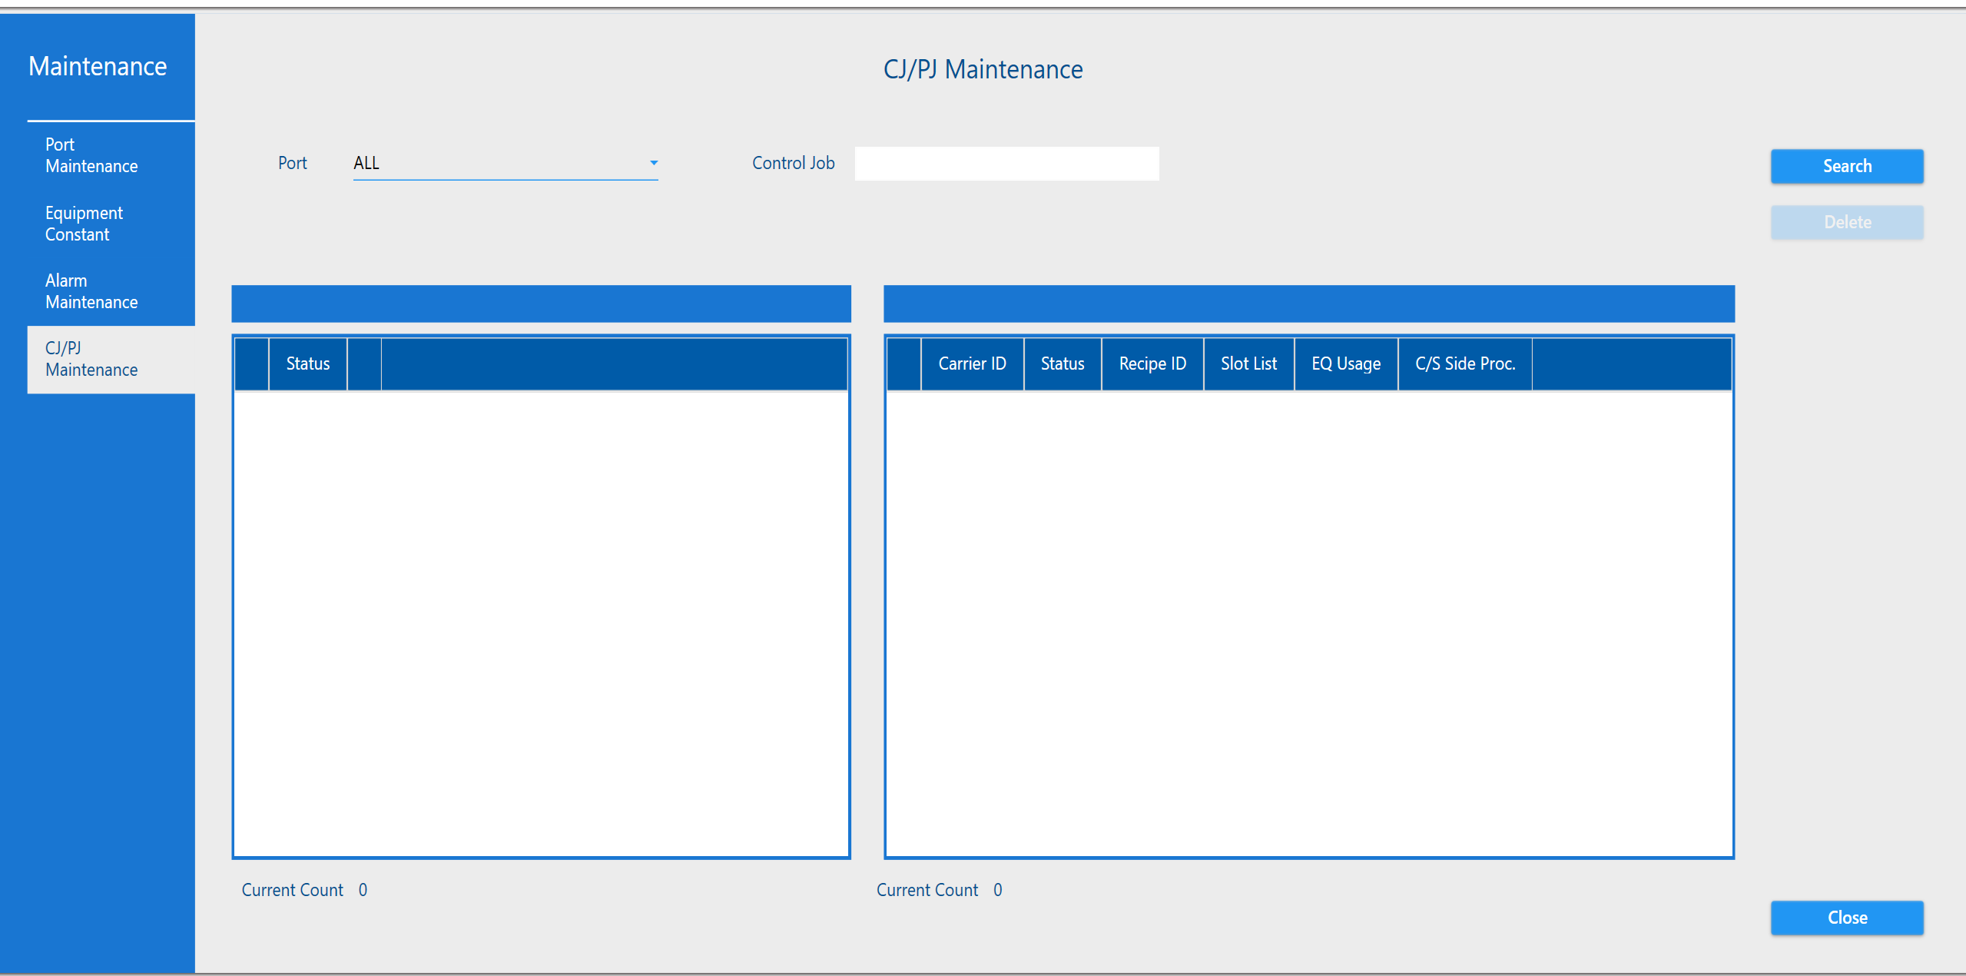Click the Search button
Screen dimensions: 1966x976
pyautogui.click(x=1847, y=166)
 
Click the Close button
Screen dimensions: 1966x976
pyautogui.click(x=1847, y=918)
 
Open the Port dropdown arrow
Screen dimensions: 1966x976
pyautogui.click(x=654, y=163)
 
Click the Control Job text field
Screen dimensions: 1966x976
pyautogui.click(x=1006, y=164)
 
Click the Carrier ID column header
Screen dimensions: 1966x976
pyautogui.click(x=972, y=364)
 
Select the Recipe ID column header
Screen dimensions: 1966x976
pyautogui.click(x=1152, y=364)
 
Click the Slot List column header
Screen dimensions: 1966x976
pyautogui.click(x=1248, y=364)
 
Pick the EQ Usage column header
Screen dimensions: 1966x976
pyautogui.click(x=1346, y=364)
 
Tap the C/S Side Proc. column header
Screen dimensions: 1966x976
pyautogui.click(x=1465, y=364)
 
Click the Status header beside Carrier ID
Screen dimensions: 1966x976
pyautogui.click(x=1063, y=364)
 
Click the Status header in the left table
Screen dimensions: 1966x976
pyautogui.click(x=308, y=364)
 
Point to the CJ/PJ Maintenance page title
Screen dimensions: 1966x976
pyautogui.click(x=983, y=69)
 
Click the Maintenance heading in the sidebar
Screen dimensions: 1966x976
pyautogui.click(x=98, y=66)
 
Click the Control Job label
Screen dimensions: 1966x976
pyautogui.click(x=793, y=163)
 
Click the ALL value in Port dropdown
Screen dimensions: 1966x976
pyautogui.click(x=366, y=163)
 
